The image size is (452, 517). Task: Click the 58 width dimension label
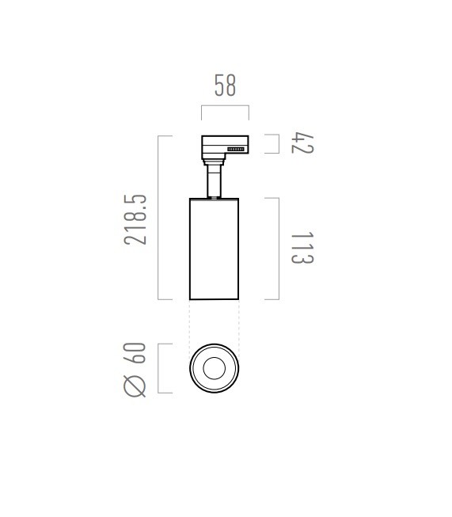[x=225, y=86]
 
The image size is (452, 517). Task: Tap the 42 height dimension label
[x=302, y=143]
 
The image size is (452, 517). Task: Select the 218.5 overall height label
[x=135, y=219]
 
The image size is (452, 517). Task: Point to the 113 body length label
[x=302, y=248]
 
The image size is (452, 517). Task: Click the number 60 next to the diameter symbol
[x=135, y=353]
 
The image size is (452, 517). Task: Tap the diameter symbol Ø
[x=135, y=386]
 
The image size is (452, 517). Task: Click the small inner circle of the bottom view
[x=215, y=368]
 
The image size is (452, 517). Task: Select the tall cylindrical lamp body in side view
[x=214, y=249]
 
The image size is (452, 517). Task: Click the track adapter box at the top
[x=225, y=147]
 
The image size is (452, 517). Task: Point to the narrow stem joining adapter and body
[x=214, y=181]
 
